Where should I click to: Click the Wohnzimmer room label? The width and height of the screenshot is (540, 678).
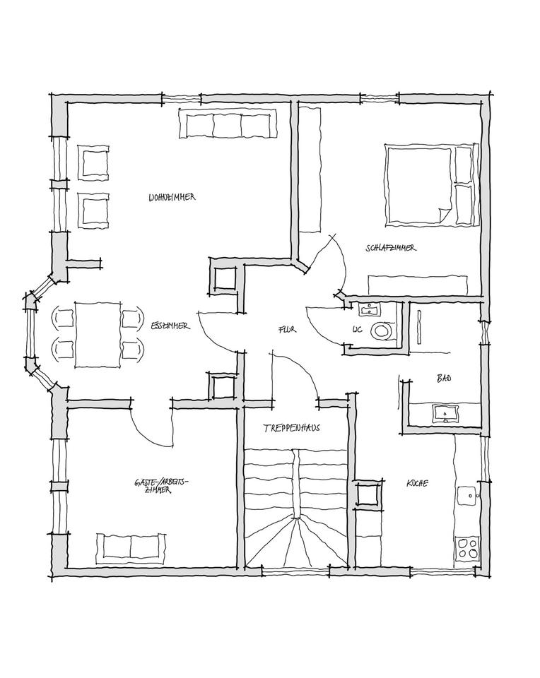172,197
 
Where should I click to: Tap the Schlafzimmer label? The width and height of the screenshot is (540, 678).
390,248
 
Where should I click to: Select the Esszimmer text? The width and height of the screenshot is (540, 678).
170,326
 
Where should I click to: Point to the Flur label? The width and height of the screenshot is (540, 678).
286,329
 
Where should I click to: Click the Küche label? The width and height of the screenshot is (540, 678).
416,484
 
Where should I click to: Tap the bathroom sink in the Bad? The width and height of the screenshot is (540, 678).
444,412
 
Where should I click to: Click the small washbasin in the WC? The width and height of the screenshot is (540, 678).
369,309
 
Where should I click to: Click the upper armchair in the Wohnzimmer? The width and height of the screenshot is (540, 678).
94,162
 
